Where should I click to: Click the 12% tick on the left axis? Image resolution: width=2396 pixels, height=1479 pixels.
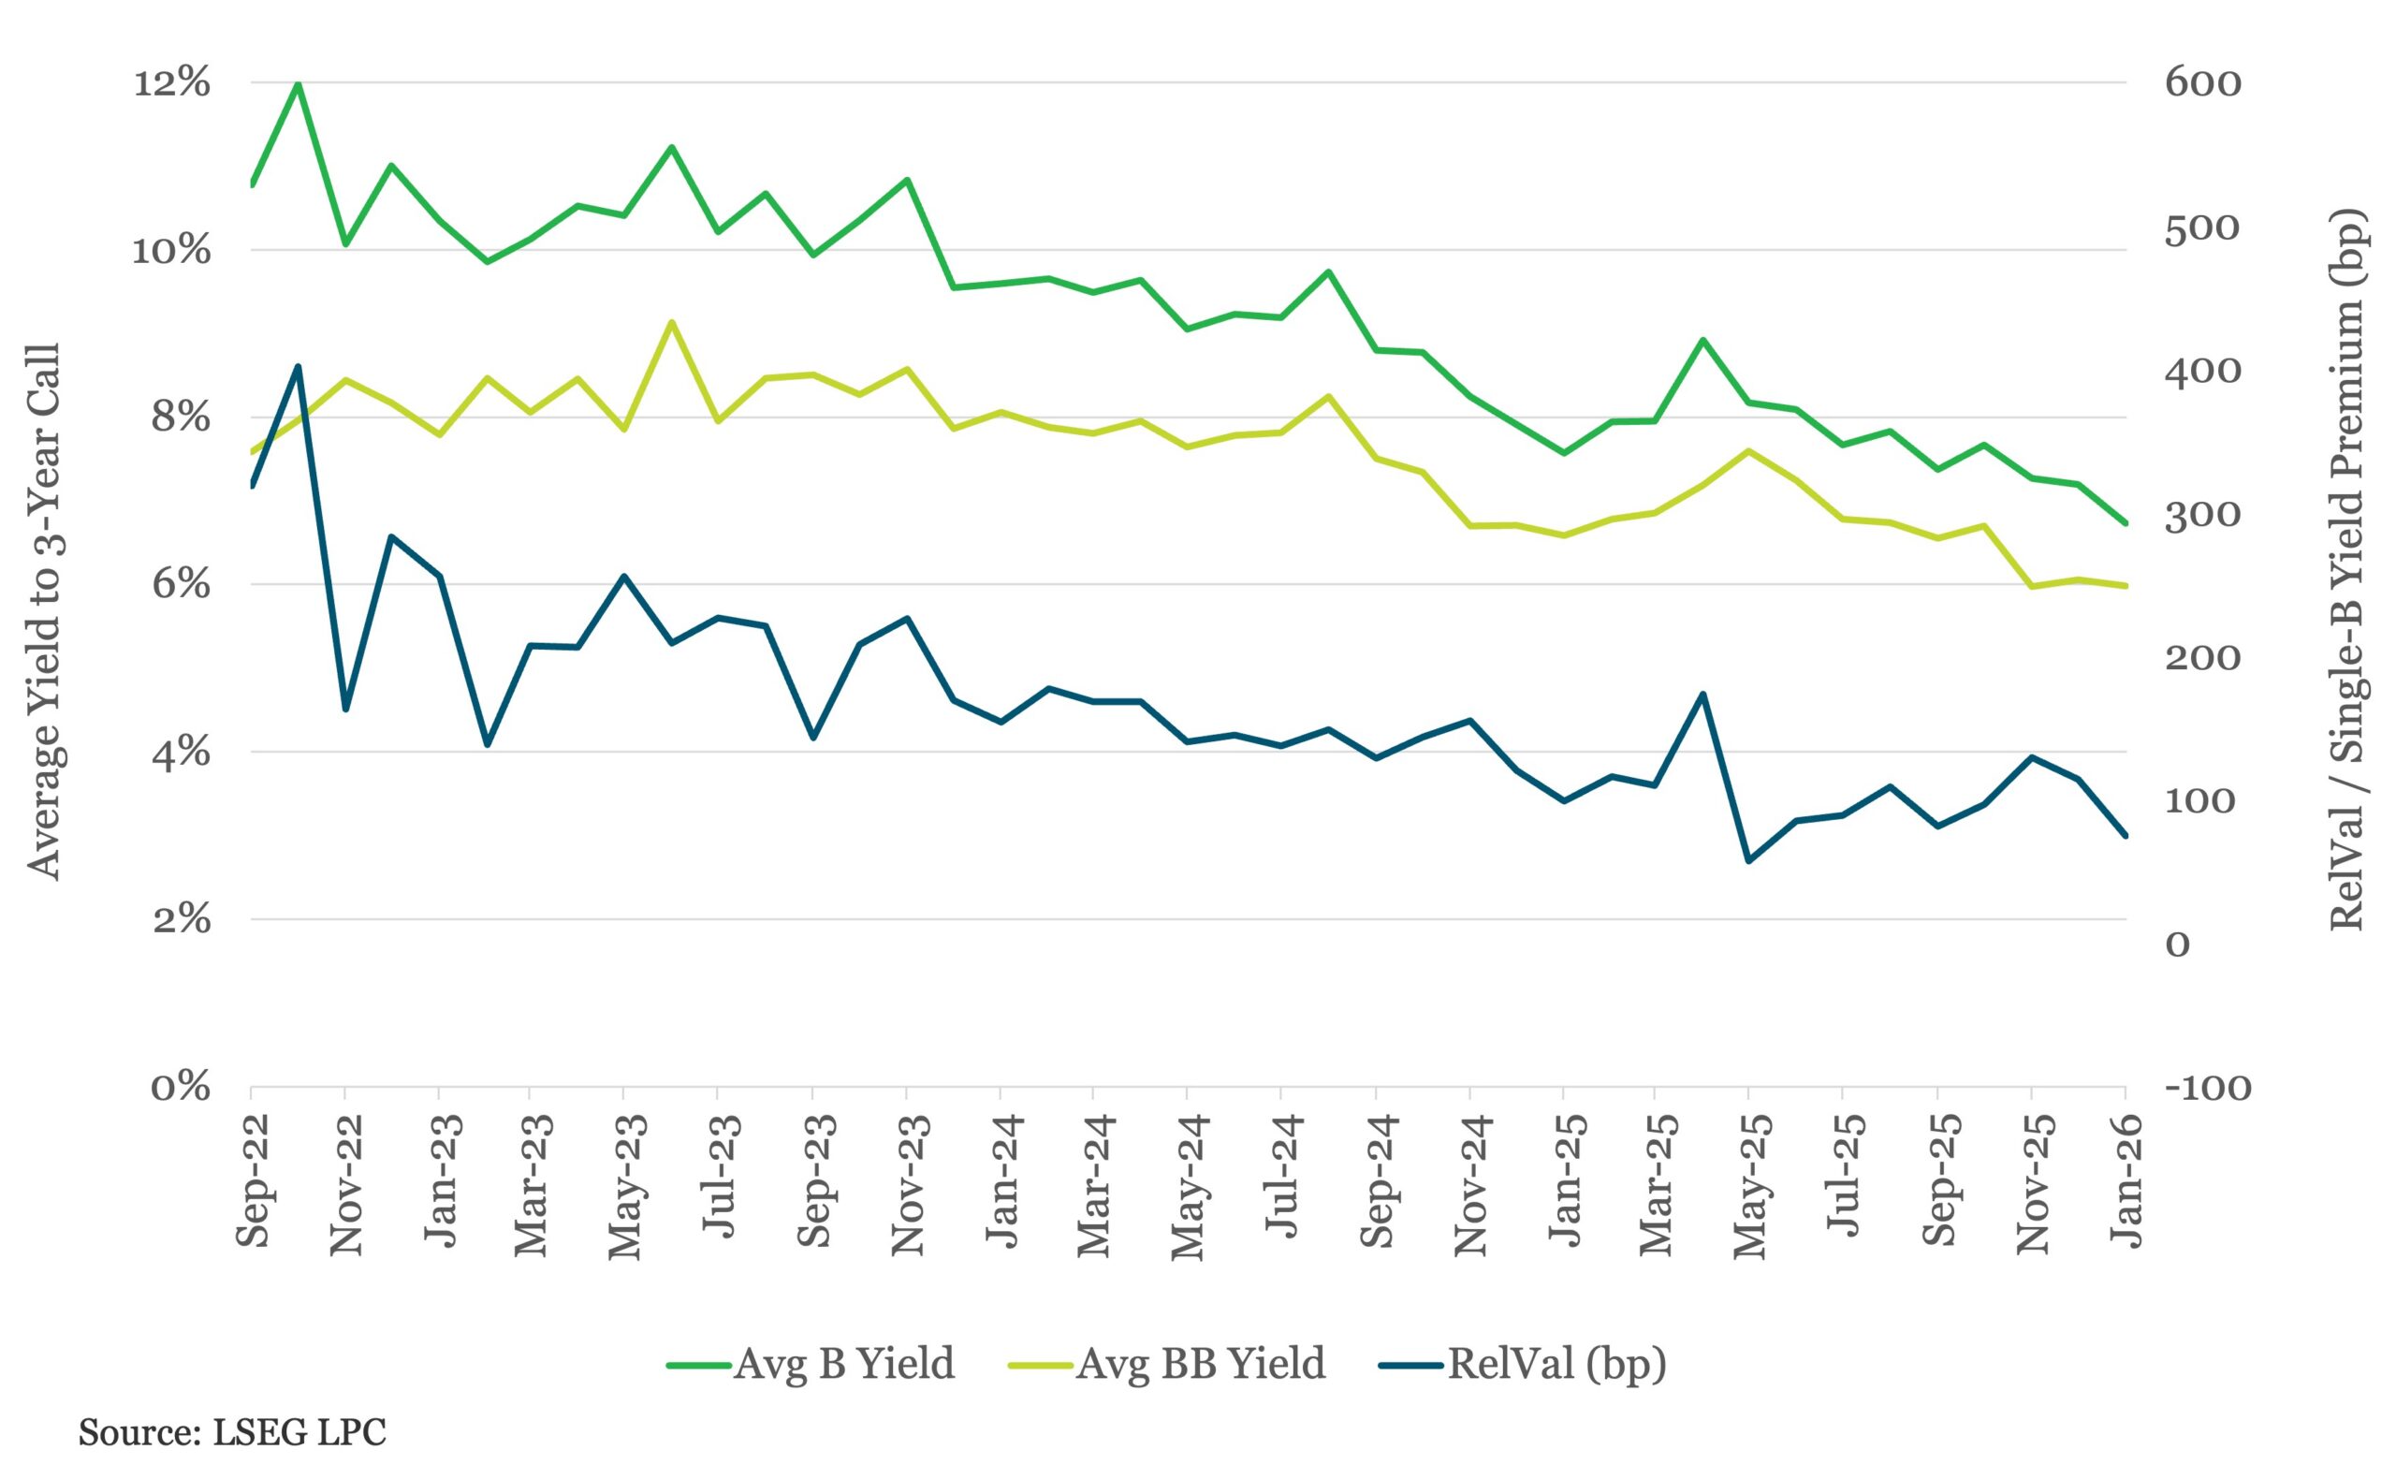pyautogui.click(x=171, y=84)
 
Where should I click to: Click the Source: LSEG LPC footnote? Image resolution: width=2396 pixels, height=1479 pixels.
pyautogui.click(x=233, y=1433)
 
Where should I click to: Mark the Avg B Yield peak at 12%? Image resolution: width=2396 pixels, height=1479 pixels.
pyautogui.click(x=299, y=84)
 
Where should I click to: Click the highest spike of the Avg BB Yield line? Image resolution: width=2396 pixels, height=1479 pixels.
pyautogui.click(x=671, y=322)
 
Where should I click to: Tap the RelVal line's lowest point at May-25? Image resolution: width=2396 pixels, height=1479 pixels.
pyautogui.click(x=1747, y=861)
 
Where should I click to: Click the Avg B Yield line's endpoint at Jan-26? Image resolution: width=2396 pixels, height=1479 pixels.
pyautogui.click(x=2126, y=523)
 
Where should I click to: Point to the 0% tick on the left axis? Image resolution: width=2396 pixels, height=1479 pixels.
pyautogui.click(x=181, y=1088)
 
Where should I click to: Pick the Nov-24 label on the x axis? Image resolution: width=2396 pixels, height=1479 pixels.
pyautogui.click(x=1469, y=1183)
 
